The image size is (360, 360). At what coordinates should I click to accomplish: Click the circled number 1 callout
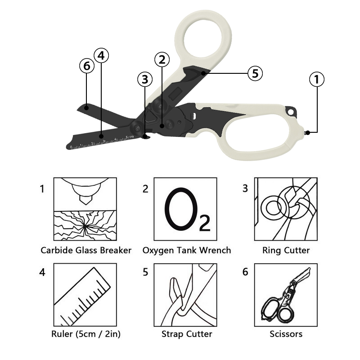(317, 79)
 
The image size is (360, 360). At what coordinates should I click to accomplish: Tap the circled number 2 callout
(162, 59)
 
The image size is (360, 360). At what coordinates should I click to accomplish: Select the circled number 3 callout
(145, 79)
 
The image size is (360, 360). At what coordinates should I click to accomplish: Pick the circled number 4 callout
(101, 55)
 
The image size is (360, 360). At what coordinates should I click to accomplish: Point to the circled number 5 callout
(255, 73)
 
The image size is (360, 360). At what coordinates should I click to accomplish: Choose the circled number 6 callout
(87, 66)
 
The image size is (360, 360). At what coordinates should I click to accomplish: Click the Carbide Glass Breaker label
(86, 250)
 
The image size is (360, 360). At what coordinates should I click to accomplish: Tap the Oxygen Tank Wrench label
(187, 250)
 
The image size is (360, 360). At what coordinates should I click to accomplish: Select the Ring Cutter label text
(286, 250)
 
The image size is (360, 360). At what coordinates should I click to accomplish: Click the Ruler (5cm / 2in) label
(86, 334)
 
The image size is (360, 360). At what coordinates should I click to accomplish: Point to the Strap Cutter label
(187, 334)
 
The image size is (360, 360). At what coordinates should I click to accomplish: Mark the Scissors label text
(286, 334)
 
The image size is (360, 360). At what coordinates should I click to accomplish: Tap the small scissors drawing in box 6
(286, 296)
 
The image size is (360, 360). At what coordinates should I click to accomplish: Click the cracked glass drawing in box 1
(85, 226)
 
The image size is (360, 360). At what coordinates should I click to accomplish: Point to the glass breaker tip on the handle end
(306, 132)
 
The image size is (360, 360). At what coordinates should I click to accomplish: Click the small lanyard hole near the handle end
(291, 112)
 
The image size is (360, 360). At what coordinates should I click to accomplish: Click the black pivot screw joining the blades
(137, 128)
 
